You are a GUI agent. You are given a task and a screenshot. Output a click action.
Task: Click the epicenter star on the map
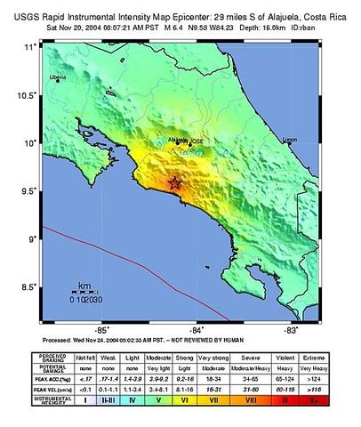pyautogui.click(x=175, y=183)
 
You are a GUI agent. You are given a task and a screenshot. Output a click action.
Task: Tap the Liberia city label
pyautogui.click(x=59, y=77)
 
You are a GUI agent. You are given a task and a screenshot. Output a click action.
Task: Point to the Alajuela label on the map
pyautogui.click(x=178, y=140)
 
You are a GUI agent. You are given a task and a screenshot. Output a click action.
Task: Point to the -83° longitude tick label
pyautogui.click(x=289, y=328)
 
